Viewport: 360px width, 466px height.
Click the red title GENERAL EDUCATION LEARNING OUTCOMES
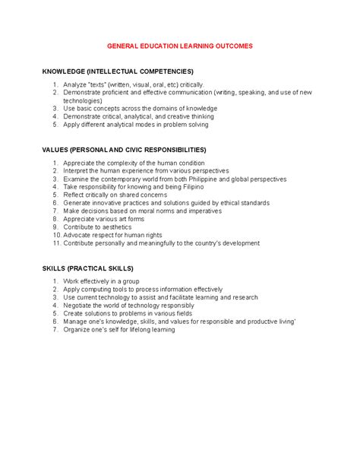click(x=179, y=46)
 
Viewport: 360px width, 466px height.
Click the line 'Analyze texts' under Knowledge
click(x=133, y=84)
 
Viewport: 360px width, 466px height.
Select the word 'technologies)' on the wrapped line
click(x=82, y=100)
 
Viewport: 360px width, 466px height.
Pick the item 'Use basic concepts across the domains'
click(x=140, y=109)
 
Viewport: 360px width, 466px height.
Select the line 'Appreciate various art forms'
click(x=110, y=219)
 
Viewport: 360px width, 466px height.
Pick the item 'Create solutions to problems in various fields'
click(x=140, y=313)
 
